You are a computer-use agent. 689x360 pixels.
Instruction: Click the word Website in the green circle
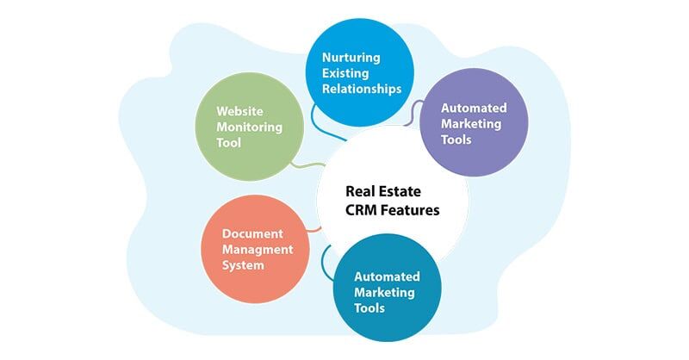[239, 111]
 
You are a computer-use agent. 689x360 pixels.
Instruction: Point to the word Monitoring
[249, 127]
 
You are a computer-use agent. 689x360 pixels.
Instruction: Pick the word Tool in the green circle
[228, 142]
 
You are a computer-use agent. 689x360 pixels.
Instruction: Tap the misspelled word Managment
[258, 249]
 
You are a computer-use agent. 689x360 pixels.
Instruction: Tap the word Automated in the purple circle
[474, 109]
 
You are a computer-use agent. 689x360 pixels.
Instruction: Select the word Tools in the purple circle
[456, 140]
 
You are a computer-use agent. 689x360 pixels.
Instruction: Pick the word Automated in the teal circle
[388, 277]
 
